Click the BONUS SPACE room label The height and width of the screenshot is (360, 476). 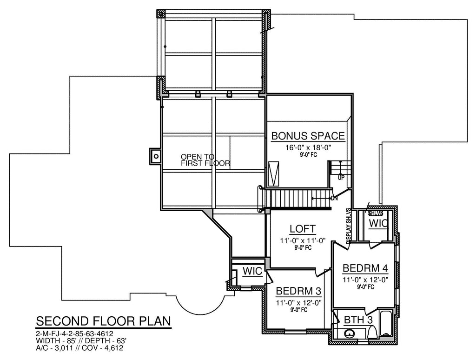coord(308,136)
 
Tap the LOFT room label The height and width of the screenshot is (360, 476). coord(302,229)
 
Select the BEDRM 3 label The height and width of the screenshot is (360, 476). coord(298,291)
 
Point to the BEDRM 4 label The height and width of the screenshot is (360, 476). coord(365,268)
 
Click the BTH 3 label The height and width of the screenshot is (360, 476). coord(358,320)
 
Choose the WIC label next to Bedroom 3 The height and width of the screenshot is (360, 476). coord(252,271)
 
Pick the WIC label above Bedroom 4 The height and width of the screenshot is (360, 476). coord(378,224)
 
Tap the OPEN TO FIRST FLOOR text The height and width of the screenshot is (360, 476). coord(205,160)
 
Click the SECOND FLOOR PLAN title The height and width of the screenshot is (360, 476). coord(104,321)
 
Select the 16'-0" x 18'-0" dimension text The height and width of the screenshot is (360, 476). coord(308,148)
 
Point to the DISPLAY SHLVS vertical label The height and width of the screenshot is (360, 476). coord(349,226)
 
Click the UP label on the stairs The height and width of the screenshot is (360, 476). coord(341,177)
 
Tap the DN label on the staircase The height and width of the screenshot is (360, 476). coord(334,199)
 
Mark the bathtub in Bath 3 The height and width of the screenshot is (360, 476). coord(386,324)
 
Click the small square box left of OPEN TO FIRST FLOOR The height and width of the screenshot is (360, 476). coord(155,156)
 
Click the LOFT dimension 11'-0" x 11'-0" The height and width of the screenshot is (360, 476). coord(303,241)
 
